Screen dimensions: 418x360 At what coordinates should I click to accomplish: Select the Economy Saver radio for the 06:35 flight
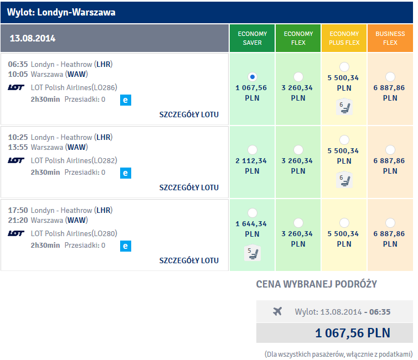252,77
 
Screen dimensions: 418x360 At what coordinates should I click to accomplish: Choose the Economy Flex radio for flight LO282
298,150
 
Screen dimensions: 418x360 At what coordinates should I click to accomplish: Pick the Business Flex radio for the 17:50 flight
390,223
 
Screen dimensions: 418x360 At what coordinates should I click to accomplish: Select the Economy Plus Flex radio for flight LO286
344,67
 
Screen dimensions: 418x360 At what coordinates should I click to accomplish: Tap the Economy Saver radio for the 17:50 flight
252,213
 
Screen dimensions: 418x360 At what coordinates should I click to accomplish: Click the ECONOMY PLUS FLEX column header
344,38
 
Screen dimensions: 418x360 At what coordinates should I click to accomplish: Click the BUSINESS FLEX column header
390,38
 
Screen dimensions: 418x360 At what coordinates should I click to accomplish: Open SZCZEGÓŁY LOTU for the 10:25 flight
189,187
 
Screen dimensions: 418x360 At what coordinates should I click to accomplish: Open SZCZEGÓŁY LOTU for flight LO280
189,260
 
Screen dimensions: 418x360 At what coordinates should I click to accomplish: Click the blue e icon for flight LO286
126,100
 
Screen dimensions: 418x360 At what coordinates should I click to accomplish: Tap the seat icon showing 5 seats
252,253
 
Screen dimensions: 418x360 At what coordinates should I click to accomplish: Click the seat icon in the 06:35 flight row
344,107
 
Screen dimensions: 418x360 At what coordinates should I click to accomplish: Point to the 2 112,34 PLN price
252,165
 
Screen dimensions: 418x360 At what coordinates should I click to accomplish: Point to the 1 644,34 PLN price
252,229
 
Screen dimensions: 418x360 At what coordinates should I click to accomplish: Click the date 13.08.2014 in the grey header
33,38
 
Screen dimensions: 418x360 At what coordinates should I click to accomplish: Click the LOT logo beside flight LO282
16,160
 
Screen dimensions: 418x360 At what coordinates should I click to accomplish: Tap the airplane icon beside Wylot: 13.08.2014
277,311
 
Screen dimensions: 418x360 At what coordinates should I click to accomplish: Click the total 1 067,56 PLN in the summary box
353,333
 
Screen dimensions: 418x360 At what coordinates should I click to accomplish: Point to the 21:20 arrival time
18,221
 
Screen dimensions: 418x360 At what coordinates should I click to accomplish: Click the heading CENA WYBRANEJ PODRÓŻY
317,284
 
